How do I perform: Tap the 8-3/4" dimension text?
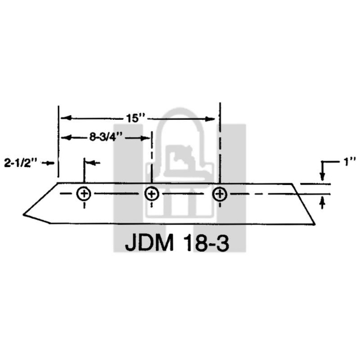(x=108, y=137)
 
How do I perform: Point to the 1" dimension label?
(x=349, y=162)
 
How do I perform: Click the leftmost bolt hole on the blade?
(x=85, y=194)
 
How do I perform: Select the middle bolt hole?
(x=151, y=194)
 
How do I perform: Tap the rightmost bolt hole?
(x=219, y=194)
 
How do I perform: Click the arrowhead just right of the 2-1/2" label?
(x=52, y=163)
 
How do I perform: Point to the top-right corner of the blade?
(x=294, y=184)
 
